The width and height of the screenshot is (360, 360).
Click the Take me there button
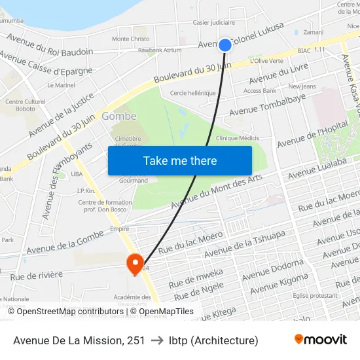coord(180,160)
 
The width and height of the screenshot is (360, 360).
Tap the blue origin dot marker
coord(225,45)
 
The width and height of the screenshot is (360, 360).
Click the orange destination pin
coord(135,264)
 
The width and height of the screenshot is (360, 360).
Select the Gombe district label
coord(118,116)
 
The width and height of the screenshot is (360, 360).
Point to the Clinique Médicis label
coord(238,138)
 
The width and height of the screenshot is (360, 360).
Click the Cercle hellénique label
coord(192,93)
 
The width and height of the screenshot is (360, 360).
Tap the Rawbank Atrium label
coord(160,50)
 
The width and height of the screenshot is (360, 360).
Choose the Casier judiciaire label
coord(213,22)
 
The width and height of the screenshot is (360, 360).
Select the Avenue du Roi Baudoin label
coord(50,50)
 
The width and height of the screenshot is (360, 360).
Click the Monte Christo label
coord(130,39)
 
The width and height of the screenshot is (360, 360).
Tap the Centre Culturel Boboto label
coord(24,105)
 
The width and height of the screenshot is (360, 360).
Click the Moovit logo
coord(320,339)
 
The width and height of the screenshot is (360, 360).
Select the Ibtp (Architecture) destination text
coord(213,340)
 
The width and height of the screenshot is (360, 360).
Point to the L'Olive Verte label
coord(266,61)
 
